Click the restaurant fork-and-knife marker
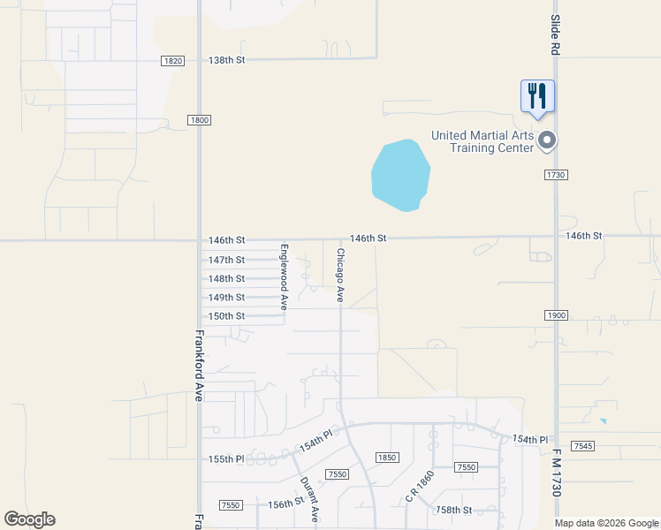(537, 95)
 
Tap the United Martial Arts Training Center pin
(547, 140)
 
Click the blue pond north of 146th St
(400, 175)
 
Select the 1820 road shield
(173, 60)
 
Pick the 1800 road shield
(199, 120)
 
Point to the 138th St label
(226, 60)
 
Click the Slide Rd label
(556, 35)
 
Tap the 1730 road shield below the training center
(556, 175)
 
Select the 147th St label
(226, 260)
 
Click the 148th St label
(226, 278)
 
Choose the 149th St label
(226, 298)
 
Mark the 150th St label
(226, 316)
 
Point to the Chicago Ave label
(340, 275)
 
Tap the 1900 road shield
(556, 315)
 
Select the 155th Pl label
(226, 459)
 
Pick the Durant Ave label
(307, 500)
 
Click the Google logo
(29, 519)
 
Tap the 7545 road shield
(582, 445)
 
